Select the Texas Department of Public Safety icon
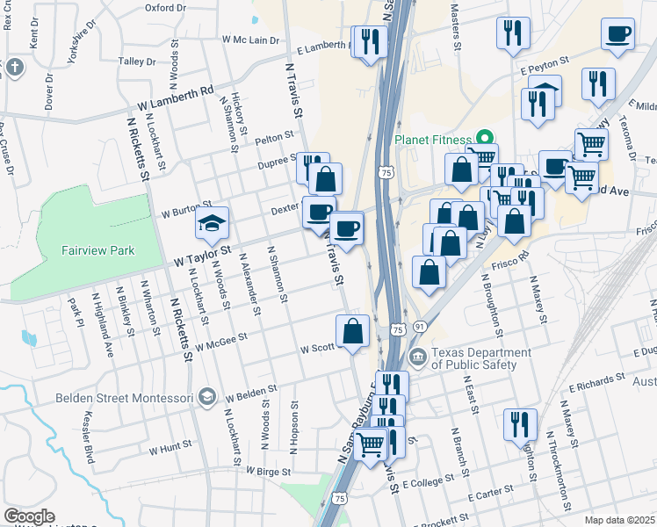pyautogui.click(x=417, y=356)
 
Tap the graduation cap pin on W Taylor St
pyautogui.click(x=213, y=224)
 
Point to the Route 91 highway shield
pyautogui.click(x=421, y=327)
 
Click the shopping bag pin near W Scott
pyautogui.click(x=353, y=331)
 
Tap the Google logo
pyautogui.click(x=29, y=516)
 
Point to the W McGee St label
pyautogui.click(x=222, y=341)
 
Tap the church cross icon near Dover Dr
pyautogui.click(x=14, y=68)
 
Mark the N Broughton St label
pyautogui.click(x=491, y=306)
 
